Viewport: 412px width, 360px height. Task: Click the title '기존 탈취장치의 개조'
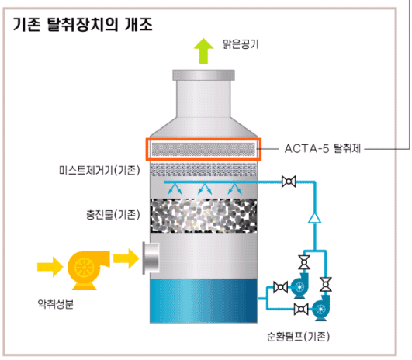[x=82, y=25]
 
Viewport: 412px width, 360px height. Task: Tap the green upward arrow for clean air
[x=203, y=51]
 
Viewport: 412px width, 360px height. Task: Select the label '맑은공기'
[x=241, y=44]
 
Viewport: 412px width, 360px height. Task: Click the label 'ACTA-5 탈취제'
[x=323, y=149]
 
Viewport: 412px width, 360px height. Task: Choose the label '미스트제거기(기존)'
[x=99, y=170]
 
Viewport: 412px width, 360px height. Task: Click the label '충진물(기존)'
[x=113, y=215]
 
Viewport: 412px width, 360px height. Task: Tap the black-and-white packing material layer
[x=203, y=216]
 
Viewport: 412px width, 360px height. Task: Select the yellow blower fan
[x=88, y=270]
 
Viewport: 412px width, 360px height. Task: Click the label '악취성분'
[x=56, y=304]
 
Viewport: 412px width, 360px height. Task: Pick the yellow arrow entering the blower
[x=50, y=267]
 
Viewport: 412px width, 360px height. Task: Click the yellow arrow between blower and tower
[x=126, y=258]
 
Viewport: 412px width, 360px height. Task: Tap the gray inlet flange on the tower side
[x=151, y=258]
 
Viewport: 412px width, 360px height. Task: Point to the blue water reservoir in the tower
[x=203, y=300]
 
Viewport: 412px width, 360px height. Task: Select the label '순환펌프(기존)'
[x=298, y=337]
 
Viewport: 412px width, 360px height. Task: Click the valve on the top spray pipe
[x=289, y=182]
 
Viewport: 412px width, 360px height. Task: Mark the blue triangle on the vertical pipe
[x=314, y=218]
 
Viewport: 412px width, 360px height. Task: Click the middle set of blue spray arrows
[x=205, y=189]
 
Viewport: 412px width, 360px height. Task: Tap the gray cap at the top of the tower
[x=203, y=75]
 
